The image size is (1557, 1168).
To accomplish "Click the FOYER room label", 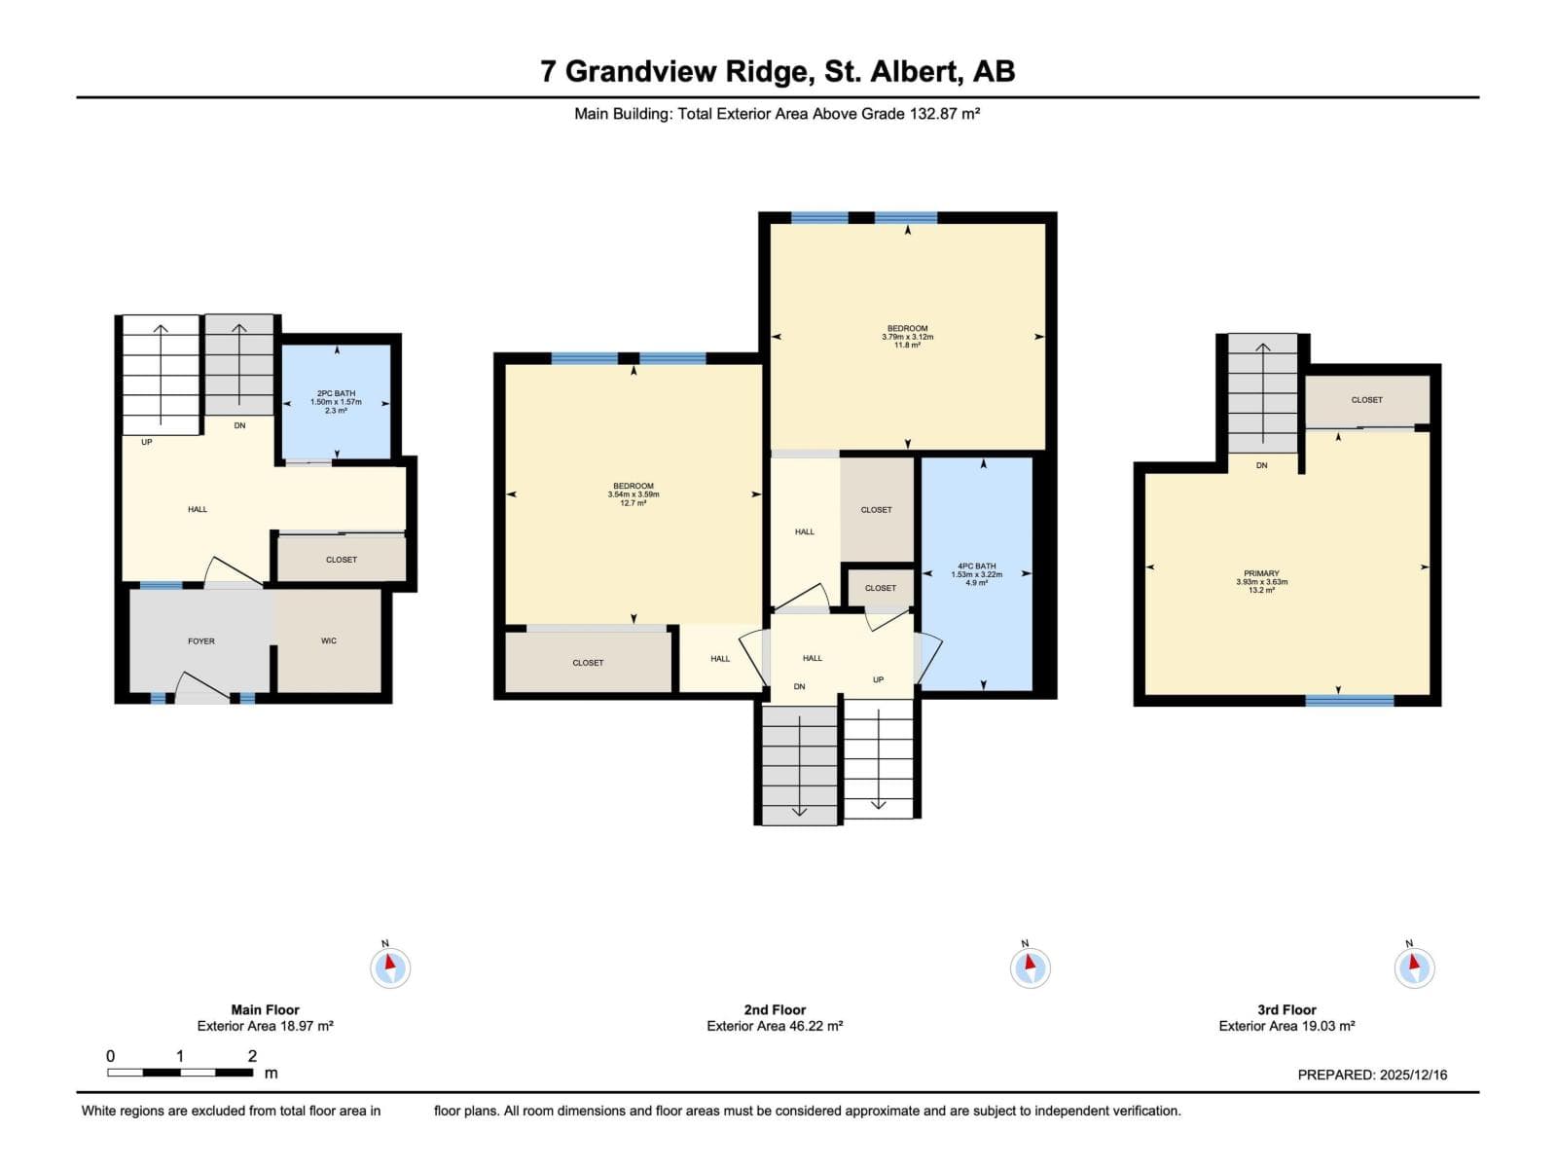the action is [200, 641].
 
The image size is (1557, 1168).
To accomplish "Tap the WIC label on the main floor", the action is [328, 641].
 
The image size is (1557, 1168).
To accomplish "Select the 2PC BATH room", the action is [337, 402].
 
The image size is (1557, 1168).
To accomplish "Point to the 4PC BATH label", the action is [977, 566].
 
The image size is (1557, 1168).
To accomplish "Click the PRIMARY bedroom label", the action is [1261, 573].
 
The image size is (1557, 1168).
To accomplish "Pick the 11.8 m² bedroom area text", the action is [907, 346].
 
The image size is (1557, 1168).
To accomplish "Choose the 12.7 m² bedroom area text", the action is [633, 503].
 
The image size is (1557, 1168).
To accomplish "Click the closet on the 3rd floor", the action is [1367, 401].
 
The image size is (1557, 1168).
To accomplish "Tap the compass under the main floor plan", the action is [390, 967].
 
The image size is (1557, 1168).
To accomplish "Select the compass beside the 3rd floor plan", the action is [1414, 967].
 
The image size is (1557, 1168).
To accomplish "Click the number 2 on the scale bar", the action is [252, 1056].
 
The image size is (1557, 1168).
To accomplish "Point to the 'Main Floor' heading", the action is [266, 1010].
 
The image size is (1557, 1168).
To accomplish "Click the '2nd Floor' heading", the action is [775, 1010].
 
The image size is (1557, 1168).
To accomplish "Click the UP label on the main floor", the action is [147, 443].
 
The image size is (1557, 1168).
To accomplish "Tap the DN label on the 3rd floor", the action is [1262, 466].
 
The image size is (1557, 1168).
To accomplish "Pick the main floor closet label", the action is [342, 561].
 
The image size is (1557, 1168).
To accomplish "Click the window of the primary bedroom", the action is [1350, 701].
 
